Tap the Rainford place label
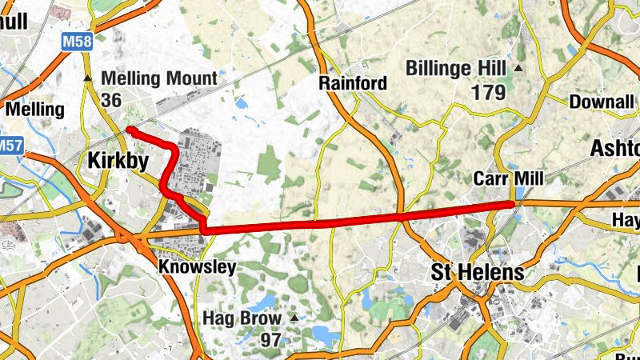(x=353, y=83)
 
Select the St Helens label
(x=478, y=273)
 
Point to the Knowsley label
(x=197, y=266)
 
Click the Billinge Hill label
(x=457, y=67)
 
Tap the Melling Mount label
(x=160, y=78)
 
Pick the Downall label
(x=602, y=102)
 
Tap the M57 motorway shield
(x=10, y=146)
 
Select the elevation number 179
(x=488, y=93)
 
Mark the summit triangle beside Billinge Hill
(x=518, y=68)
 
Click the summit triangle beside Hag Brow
(x=294, y=318)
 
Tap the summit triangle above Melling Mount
(x=87, y=78)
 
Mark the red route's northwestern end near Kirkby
(x=130, y=129)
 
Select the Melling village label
(x=34, y=109)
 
